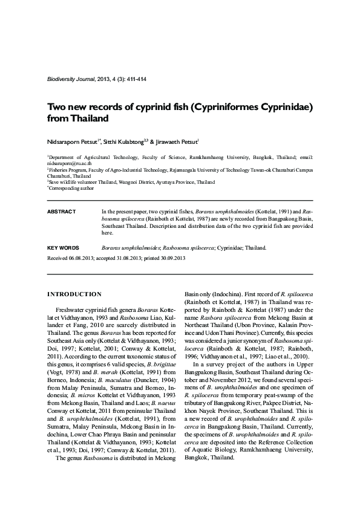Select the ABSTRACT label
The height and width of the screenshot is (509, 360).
click(x=61, y=212)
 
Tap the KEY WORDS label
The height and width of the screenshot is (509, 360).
click(x=63, y=248)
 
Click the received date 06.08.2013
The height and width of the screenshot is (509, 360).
click(x=83, y=258)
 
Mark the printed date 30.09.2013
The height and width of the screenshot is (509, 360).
click(x=170, y=258)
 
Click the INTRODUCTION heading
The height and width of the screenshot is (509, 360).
click(x=74, y=294)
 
